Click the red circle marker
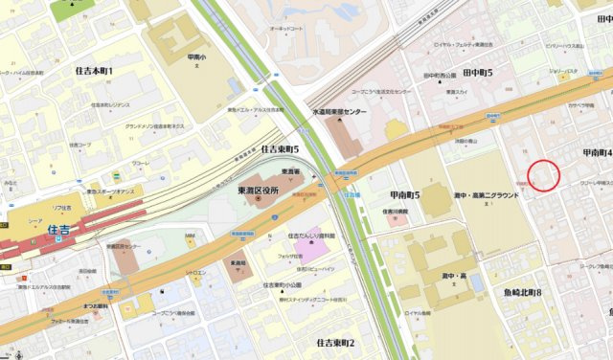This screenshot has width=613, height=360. point(544,175)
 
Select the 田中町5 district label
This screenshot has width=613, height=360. point(476,73)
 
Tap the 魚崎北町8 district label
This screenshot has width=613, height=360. point(522,292)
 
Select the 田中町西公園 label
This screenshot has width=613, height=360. point(441,74)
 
